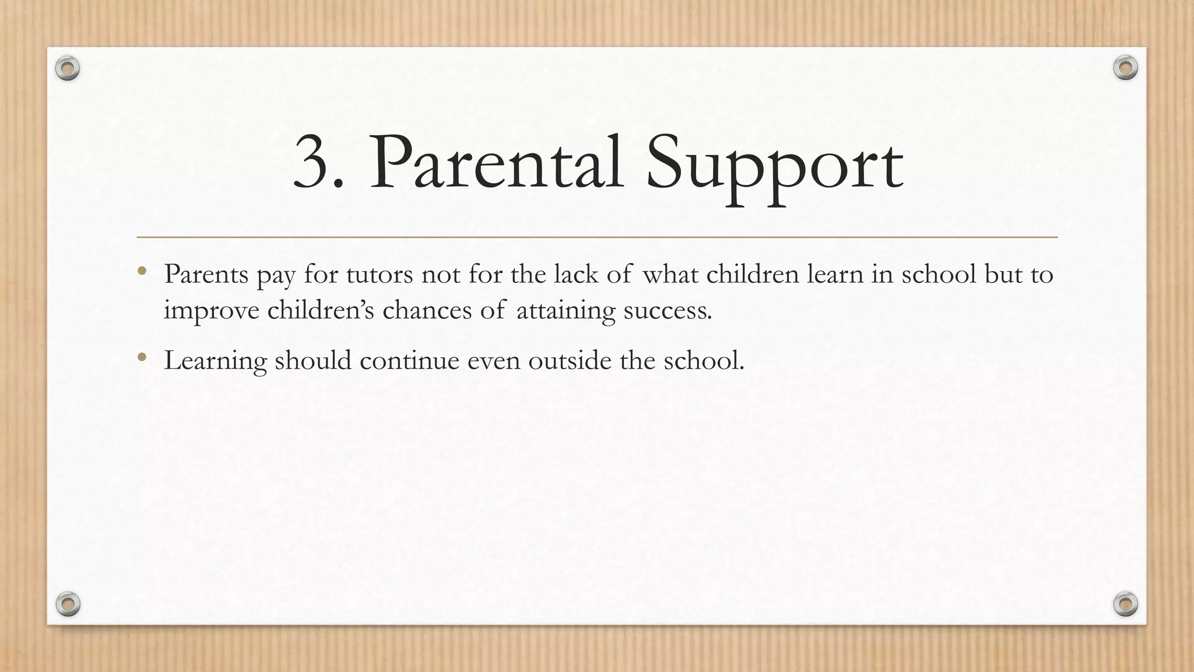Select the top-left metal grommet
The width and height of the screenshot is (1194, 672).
click(68, 69)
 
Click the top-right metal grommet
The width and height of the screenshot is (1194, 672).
click(1125, 68)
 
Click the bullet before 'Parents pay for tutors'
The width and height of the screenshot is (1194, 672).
click(142, 271)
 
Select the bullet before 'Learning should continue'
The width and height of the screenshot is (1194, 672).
click(142, 357)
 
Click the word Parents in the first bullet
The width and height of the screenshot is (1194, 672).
click(206, 274)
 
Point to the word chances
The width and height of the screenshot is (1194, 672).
click(427, 310)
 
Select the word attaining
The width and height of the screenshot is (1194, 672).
click(566, 310)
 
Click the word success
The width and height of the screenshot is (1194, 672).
click(668, 310)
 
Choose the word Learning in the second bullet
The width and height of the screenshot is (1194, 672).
click(215, 361)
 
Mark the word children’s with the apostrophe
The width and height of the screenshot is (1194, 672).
click(321, 310)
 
